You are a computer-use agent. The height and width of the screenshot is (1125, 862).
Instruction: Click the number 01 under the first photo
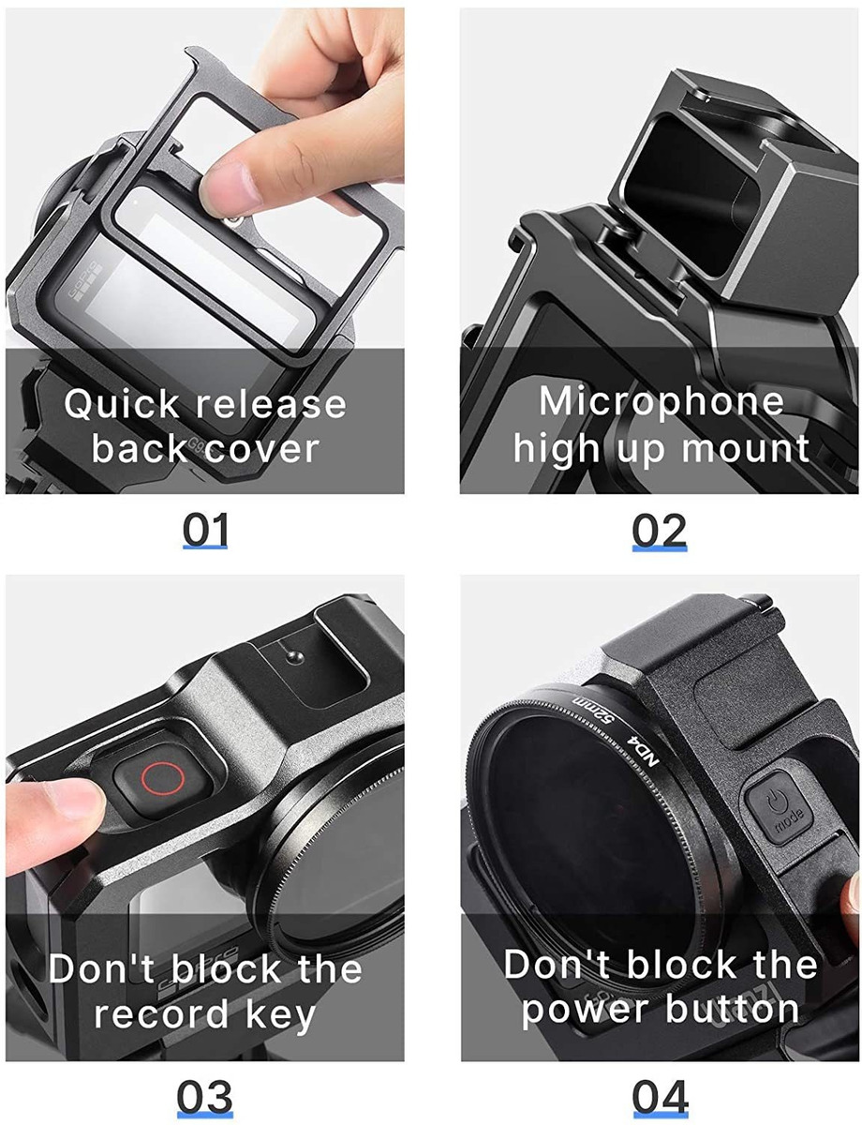pyautogui.click(x=204, y=531)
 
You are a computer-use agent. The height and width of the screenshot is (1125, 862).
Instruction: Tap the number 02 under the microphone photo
pyautogui.click(x=659, y=531)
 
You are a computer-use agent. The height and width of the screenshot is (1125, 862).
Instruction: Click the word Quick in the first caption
pyautogui.click(x=122, y=405)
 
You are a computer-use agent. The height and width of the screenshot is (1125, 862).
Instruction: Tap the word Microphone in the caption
pyautogui.click(x=661, y=402)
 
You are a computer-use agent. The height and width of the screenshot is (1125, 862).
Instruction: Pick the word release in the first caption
pyautogui.click(x=272, y=405)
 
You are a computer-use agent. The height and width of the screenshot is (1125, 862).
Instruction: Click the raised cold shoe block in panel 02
pyautogui.click(x=712, y=187)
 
